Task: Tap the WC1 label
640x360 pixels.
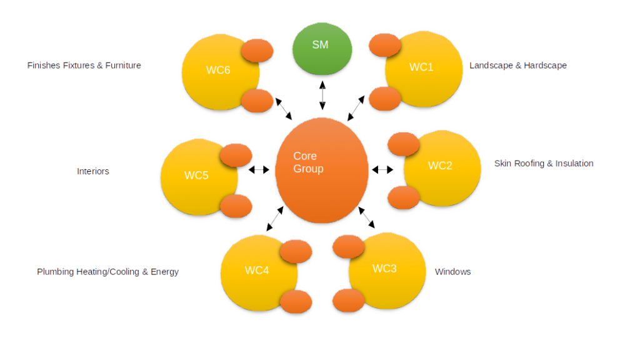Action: pos(421,67)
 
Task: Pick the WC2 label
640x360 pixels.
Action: pos(440,166)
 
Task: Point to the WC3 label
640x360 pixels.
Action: pos(384,268)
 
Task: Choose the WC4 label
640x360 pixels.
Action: pos(257,270)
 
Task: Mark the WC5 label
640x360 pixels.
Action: pos(196,175)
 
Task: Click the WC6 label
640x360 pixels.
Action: pos(218,70)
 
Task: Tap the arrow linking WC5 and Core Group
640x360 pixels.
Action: pos(259,169)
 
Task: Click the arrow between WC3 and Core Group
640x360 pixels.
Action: pos(367,218)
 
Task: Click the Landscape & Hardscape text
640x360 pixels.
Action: pos(518,65)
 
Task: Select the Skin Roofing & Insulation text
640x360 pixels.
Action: pos(544,163)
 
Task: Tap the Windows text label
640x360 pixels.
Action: pos(452,272)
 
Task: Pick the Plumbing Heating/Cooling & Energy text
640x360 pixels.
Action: pos(108,272)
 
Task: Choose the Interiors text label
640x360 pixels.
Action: pos(93,171)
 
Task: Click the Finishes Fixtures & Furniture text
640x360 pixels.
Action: pos(84,65)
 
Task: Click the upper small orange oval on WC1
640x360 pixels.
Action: pos(385,45)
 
